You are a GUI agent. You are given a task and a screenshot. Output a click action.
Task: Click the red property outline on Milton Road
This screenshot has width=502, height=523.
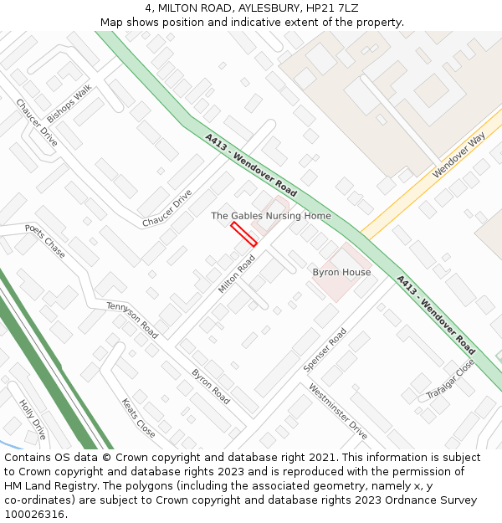tap(243, 234)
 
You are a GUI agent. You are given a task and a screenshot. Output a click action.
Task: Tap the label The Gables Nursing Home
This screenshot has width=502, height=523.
tap(270, 216)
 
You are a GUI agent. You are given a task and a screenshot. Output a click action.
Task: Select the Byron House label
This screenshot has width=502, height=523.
tap(341, 273)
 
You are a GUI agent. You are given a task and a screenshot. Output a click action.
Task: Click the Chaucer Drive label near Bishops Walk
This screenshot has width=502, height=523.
tap(37, 123)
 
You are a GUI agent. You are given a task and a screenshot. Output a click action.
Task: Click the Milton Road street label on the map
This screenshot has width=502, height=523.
tap(237, 274)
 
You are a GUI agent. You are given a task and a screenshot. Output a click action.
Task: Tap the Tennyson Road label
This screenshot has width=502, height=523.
tap(132, 320)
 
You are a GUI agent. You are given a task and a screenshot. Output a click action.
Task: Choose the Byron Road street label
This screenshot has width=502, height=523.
tap(211, 387)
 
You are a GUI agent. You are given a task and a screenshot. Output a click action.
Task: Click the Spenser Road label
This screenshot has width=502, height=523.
tap(325, 350)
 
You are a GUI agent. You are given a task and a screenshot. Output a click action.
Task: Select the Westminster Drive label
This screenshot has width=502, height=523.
tap(337, 411)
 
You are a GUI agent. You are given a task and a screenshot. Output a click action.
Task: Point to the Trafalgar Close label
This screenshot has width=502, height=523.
tap(450, 379)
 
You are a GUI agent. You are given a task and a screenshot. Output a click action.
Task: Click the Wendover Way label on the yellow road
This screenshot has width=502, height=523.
tap(458, 155)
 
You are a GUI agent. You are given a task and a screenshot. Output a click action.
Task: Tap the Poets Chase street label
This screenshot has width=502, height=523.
tap(45, 241)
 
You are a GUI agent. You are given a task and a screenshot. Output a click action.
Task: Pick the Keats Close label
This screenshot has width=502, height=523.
tap(138, 418)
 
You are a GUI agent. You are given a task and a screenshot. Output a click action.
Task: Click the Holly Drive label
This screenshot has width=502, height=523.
tap(33, 420)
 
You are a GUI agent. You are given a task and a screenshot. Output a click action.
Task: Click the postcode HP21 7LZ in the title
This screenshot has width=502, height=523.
tap(333, 8)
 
